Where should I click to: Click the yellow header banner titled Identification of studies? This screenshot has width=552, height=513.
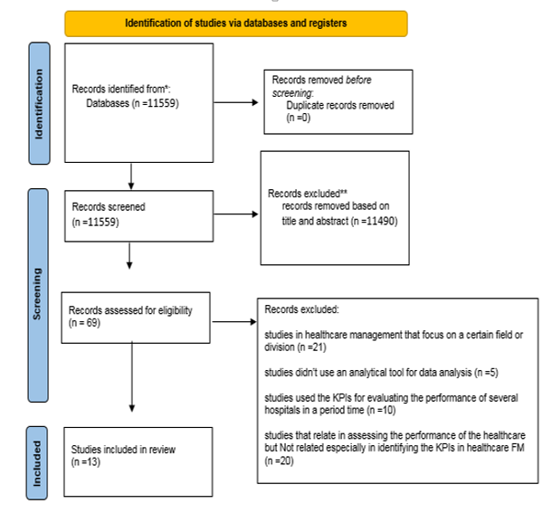tap(236, 23)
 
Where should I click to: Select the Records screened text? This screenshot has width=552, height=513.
tap(109, 206)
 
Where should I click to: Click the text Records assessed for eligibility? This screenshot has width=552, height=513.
tap(130, 309)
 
